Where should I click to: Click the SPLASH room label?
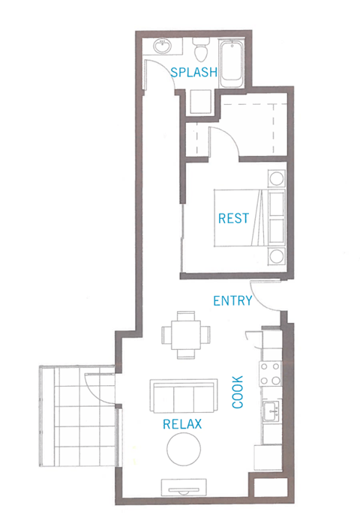[x=193, y=73]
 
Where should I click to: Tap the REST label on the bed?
[x=233, y=219]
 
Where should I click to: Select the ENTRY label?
[x=232, y=301]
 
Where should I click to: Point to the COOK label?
[x=238, y=391]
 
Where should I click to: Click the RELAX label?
[x=183, y=424]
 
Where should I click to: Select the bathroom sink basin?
[x=161, y=47]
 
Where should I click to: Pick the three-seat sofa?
[x=183, y=394]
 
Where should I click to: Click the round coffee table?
[x=184, y=451]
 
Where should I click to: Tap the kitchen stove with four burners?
[x=270, y=373]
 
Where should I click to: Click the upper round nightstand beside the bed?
[x=276, y=180]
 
